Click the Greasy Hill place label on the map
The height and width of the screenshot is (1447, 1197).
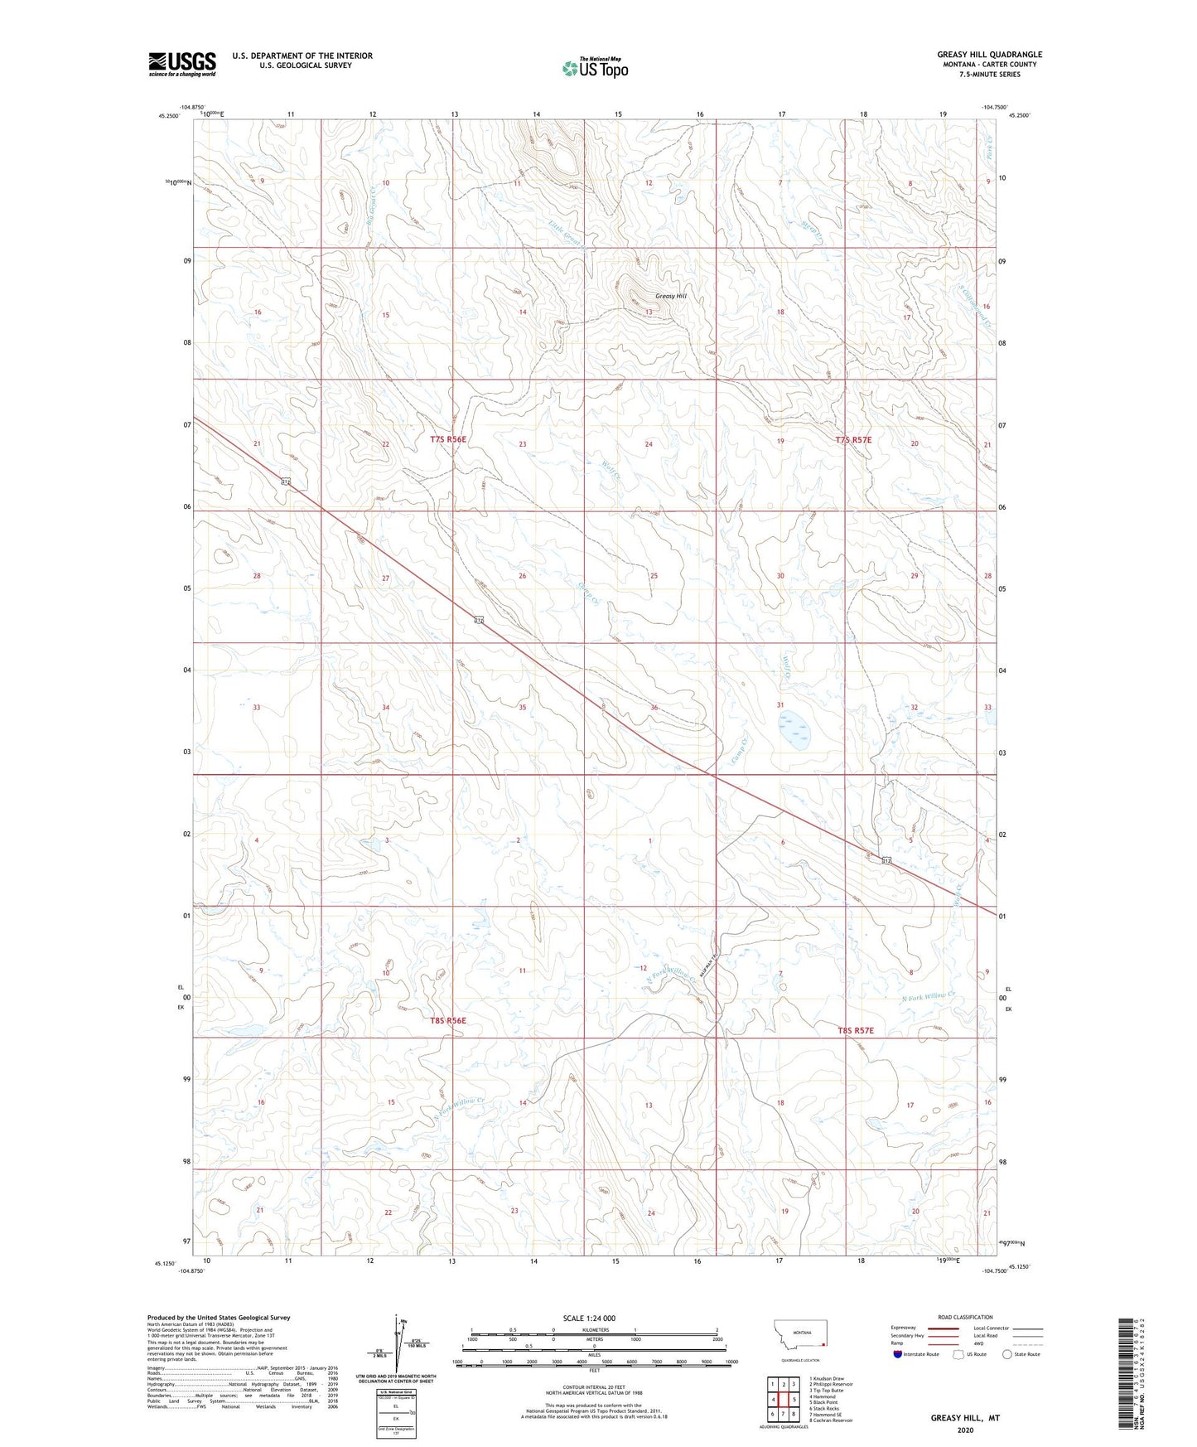click(x=670, y=296)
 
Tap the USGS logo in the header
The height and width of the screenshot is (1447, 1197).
click(x=182, y=64)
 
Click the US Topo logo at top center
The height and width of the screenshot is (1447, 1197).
click(x=594, y=68)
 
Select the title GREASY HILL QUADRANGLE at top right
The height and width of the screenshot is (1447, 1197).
click(x=989, y=55)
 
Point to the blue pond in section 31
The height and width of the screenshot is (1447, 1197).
click(x=794, y=729)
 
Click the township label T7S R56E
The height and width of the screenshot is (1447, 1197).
click(x=448, y=440)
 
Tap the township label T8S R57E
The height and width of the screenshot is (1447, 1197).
click(x=856, y=1030)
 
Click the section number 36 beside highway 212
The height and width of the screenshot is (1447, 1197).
click(x=654, y=707)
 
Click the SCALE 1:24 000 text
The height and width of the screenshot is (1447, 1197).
click(x=588, y=1318)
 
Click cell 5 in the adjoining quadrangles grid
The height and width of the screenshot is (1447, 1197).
click(x=794, y=1400)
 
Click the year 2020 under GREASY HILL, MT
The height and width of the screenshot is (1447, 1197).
click(x=965, y=1430)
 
